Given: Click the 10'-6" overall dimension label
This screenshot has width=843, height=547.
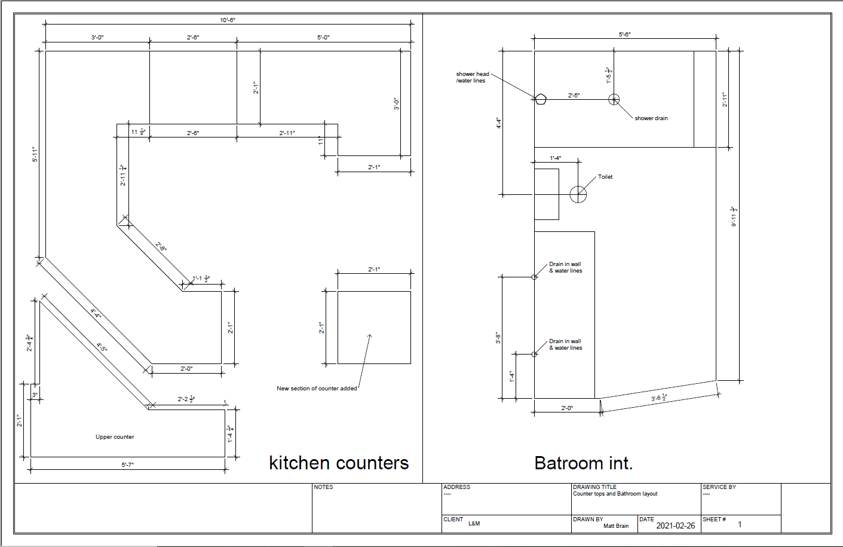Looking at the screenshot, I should tap(228, 20).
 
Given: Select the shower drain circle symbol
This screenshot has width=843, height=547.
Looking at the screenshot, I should tap(614, 99).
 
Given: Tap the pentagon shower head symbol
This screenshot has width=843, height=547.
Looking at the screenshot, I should tap(540, 99).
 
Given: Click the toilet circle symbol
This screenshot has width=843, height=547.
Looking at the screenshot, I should tap(578, 194).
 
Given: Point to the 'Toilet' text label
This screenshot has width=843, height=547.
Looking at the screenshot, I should tap(605, 177).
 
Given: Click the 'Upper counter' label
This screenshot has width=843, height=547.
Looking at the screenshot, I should tap(115, 437).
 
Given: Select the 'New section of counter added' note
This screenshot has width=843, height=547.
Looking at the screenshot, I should tap(317, 389).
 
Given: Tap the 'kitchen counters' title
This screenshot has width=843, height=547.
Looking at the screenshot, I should tap(339, 463).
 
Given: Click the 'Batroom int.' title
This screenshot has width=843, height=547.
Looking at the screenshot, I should tap(583, 463).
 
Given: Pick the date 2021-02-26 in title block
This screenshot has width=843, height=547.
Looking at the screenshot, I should tap(675, 525).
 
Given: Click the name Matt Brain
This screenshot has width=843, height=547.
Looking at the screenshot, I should tap(616, 526).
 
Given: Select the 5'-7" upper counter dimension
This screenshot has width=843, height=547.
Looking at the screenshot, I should tap(128, 465).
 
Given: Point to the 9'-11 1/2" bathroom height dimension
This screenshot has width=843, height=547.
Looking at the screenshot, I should tap(734, 216).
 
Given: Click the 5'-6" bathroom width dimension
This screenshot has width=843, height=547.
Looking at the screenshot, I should tap(624, 35).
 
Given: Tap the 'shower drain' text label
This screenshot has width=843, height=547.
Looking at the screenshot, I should tap(651, 118).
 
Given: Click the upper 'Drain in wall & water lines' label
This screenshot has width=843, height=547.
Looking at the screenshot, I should tap(565, 267).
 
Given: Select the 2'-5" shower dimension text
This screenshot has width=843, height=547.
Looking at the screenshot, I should tap(574, 95).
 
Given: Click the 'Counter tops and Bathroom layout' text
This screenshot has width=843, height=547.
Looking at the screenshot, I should tap(615, 494).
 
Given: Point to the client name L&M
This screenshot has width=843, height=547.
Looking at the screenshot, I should tap(474, 524).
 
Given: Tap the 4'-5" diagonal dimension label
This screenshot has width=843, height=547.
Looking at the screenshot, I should tap(102, 347).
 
